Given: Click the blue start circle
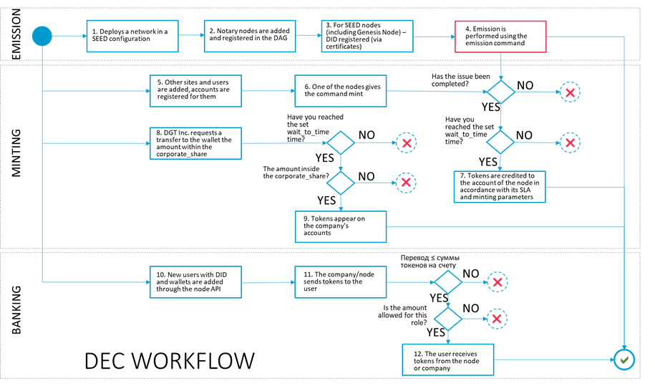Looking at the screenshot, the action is click(x=42, y=36).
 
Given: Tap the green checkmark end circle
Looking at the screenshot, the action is click(x=624, y=359).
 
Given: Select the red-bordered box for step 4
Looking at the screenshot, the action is click(x=500, y=37).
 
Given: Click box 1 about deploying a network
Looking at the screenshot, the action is click(x=132, y=36).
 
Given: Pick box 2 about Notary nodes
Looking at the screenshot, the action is click(x=250, y=36).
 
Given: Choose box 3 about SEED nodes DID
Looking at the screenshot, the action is click(x=367, y=36).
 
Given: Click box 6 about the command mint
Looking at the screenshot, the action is click(x=341, y=91).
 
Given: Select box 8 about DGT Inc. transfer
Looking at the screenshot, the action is click(x=195, y=143).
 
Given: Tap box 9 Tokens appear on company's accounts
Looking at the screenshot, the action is click(x=341, y=226).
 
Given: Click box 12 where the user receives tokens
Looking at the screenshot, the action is click(x=448, y=359).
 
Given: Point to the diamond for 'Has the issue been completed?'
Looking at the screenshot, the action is click(x=500, y=92).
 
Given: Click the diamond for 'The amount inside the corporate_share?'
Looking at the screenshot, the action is click(x=341, y=183).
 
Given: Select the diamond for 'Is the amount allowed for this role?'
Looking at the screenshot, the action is click(x=448, y=319).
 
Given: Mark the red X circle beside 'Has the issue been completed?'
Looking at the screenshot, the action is click(x=571, y=92).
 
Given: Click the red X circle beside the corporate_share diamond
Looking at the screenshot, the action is click(x=406, y=183).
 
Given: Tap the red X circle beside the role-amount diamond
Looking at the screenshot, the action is click(x=497, y=319).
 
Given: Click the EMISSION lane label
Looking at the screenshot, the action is click(x=16, y=34).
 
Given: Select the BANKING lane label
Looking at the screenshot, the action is click(x=16, y=310).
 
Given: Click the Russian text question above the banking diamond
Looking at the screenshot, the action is click(x=430, y=261).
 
